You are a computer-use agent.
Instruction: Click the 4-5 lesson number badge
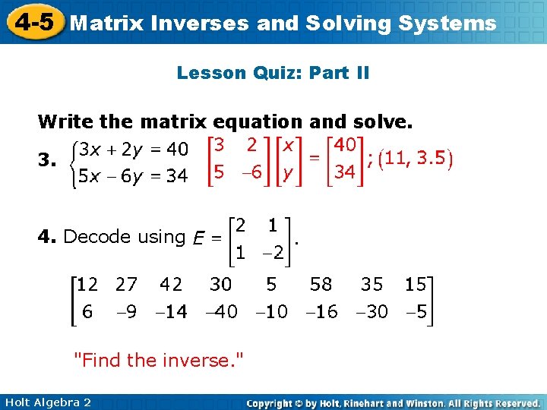33,21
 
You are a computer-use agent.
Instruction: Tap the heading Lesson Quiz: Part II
273,73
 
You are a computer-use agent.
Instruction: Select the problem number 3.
47,161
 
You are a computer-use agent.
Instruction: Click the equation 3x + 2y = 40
134,146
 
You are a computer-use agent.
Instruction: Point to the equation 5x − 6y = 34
134,176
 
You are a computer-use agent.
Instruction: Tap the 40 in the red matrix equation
345,144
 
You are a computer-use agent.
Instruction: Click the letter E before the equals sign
197,238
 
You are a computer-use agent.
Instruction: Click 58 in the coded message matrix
321,285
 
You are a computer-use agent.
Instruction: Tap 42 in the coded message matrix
171,285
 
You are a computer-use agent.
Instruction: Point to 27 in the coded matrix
127,285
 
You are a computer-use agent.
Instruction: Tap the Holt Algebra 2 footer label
47,402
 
